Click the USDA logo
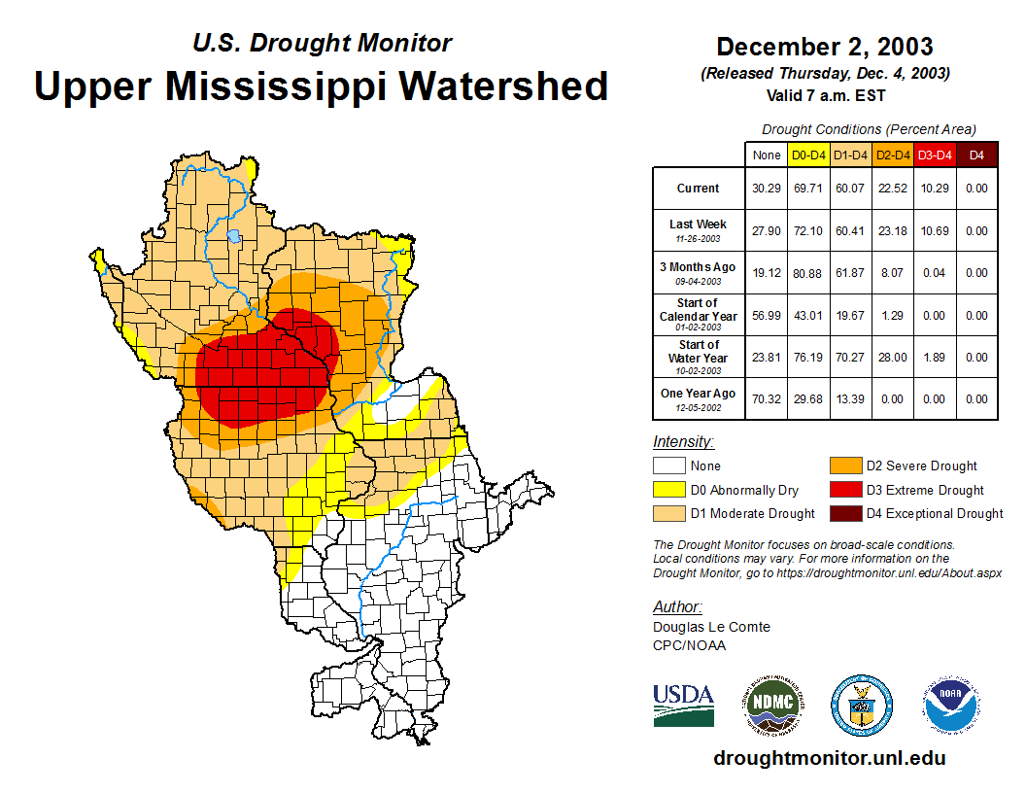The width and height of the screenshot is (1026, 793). click(683, 705)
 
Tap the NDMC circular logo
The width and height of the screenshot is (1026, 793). click(771, 705)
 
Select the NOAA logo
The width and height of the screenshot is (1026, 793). click(951, 705)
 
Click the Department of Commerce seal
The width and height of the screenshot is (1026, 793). click(861, 705)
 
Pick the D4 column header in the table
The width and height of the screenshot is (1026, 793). click(976, 155)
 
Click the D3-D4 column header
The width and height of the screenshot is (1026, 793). click(935, 155)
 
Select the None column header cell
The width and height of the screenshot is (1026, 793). click(766, 155)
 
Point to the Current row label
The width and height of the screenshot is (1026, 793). click(699, 189)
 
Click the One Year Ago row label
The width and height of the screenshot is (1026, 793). click(699, 394)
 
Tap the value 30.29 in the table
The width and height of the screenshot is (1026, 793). click(766, 189)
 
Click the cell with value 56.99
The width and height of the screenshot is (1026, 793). click(766, 316)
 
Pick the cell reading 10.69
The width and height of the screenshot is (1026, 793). click(935, 231)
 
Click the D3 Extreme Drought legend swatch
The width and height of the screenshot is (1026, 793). click(844, 490)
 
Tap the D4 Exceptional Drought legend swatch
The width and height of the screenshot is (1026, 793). click(844, 513)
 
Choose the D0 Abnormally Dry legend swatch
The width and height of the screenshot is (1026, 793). click(668, 490)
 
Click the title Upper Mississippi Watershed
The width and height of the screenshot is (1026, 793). click(322, 86)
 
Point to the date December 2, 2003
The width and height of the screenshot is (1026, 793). click(825, 47)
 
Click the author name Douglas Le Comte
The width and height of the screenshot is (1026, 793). click(711, 627)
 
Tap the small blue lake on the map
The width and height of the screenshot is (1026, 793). click(233, 235)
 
